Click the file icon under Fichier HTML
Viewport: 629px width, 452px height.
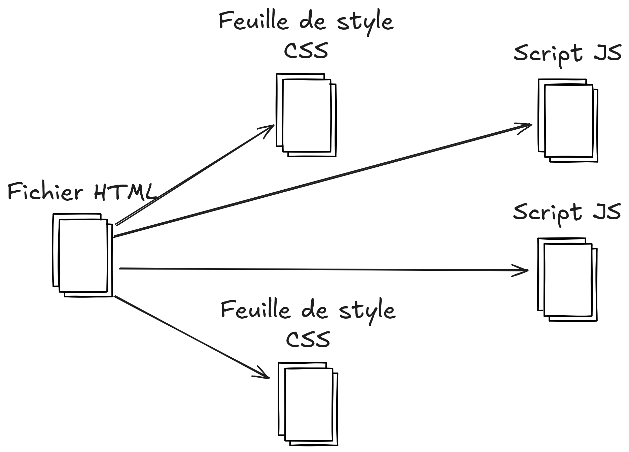point(83,255)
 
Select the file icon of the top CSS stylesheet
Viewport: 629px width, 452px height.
point(306,115)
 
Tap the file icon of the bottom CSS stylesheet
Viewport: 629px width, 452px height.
point(308,404)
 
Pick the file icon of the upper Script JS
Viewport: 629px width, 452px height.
point(568,121)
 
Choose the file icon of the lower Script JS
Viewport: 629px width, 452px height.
point(567,280)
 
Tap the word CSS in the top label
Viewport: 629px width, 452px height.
point(306,51)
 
